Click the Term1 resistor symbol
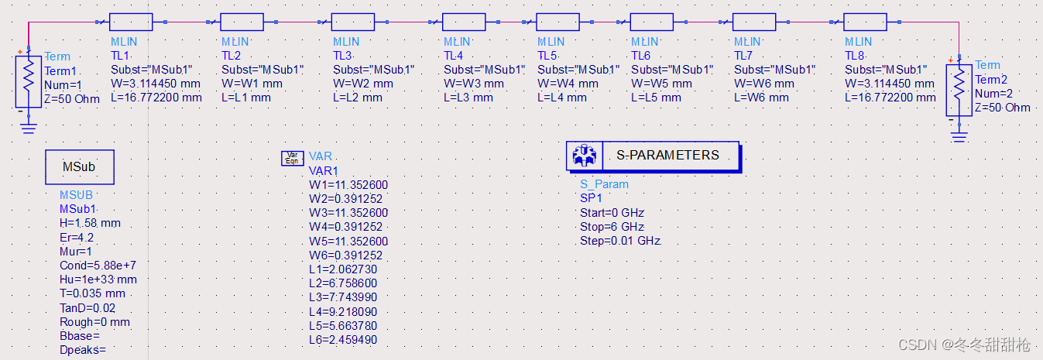[29, 79]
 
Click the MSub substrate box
[80, 166]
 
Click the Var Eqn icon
[292, 158]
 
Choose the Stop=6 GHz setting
[612, 227]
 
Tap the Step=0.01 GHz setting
[620, 241]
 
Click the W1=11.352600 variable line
[348, 185]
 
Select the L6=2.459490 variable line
[343, 340]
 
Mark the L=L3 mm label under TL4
[468, 98]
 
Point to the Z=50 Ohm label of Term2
[1003, 108]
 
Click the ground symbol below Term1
[29, 126]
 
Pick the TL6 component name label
[640, 56]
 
